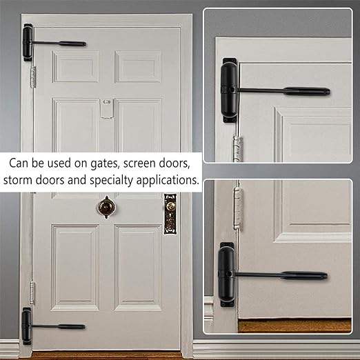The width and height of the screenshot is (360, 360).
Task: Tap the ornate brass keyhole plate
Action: pyautogui.click(x=170, y=214)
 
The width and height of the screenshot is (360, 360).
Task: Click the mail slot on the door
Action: pyautogui.click(x=107, y=109)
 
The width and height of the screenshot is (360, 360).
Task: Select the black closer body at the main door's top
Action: pyautogui.click(x=28, y=43)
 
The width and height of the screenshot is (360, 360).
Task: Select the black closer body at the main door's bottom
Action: pyautogui.click(x=27, y=326)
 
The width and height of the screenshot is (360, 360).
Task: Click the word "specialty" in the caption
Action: pyautogui.click(x=112, y=181)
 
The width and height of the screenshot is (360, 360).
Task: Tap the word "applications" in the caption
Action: pyautogui.click(x=168, y=181)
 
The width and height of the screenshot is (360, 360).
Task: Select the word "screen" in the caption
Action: pyautogui.click(x=139, y=163)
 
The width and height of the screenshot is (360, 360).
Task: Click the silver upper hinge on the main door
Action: pyautogui.click(x=33, y=77)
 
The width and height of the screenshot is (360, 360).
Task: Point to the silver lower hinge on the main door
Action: pyautogui.click(x=32, y=292)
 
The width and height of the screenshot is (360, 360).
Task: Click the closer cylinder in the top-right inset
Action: pyautogui.click(x=230, y=90)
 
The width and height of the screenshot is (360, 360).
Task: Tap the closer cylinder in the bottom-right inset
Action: pyautogui.click(x=227, y=275)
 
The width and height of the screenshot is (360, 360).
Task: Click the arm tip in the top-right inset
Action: pyautogui.click(x=327, y=91)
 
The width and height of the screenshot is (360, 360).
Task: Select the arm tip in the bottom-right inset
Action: pyautogui.click(x=324, y=276)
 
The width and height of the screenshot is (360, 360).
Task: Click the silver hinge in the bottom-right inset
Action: pyautogui.click(x=239, y=208)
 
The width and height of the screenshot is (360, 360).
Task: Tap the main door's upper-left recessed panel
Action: pyautogui.click(x=76, y=67)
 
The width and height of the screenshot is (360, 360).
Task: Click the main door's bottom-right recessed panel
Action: pyautogui.click(x=139, y=268)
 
